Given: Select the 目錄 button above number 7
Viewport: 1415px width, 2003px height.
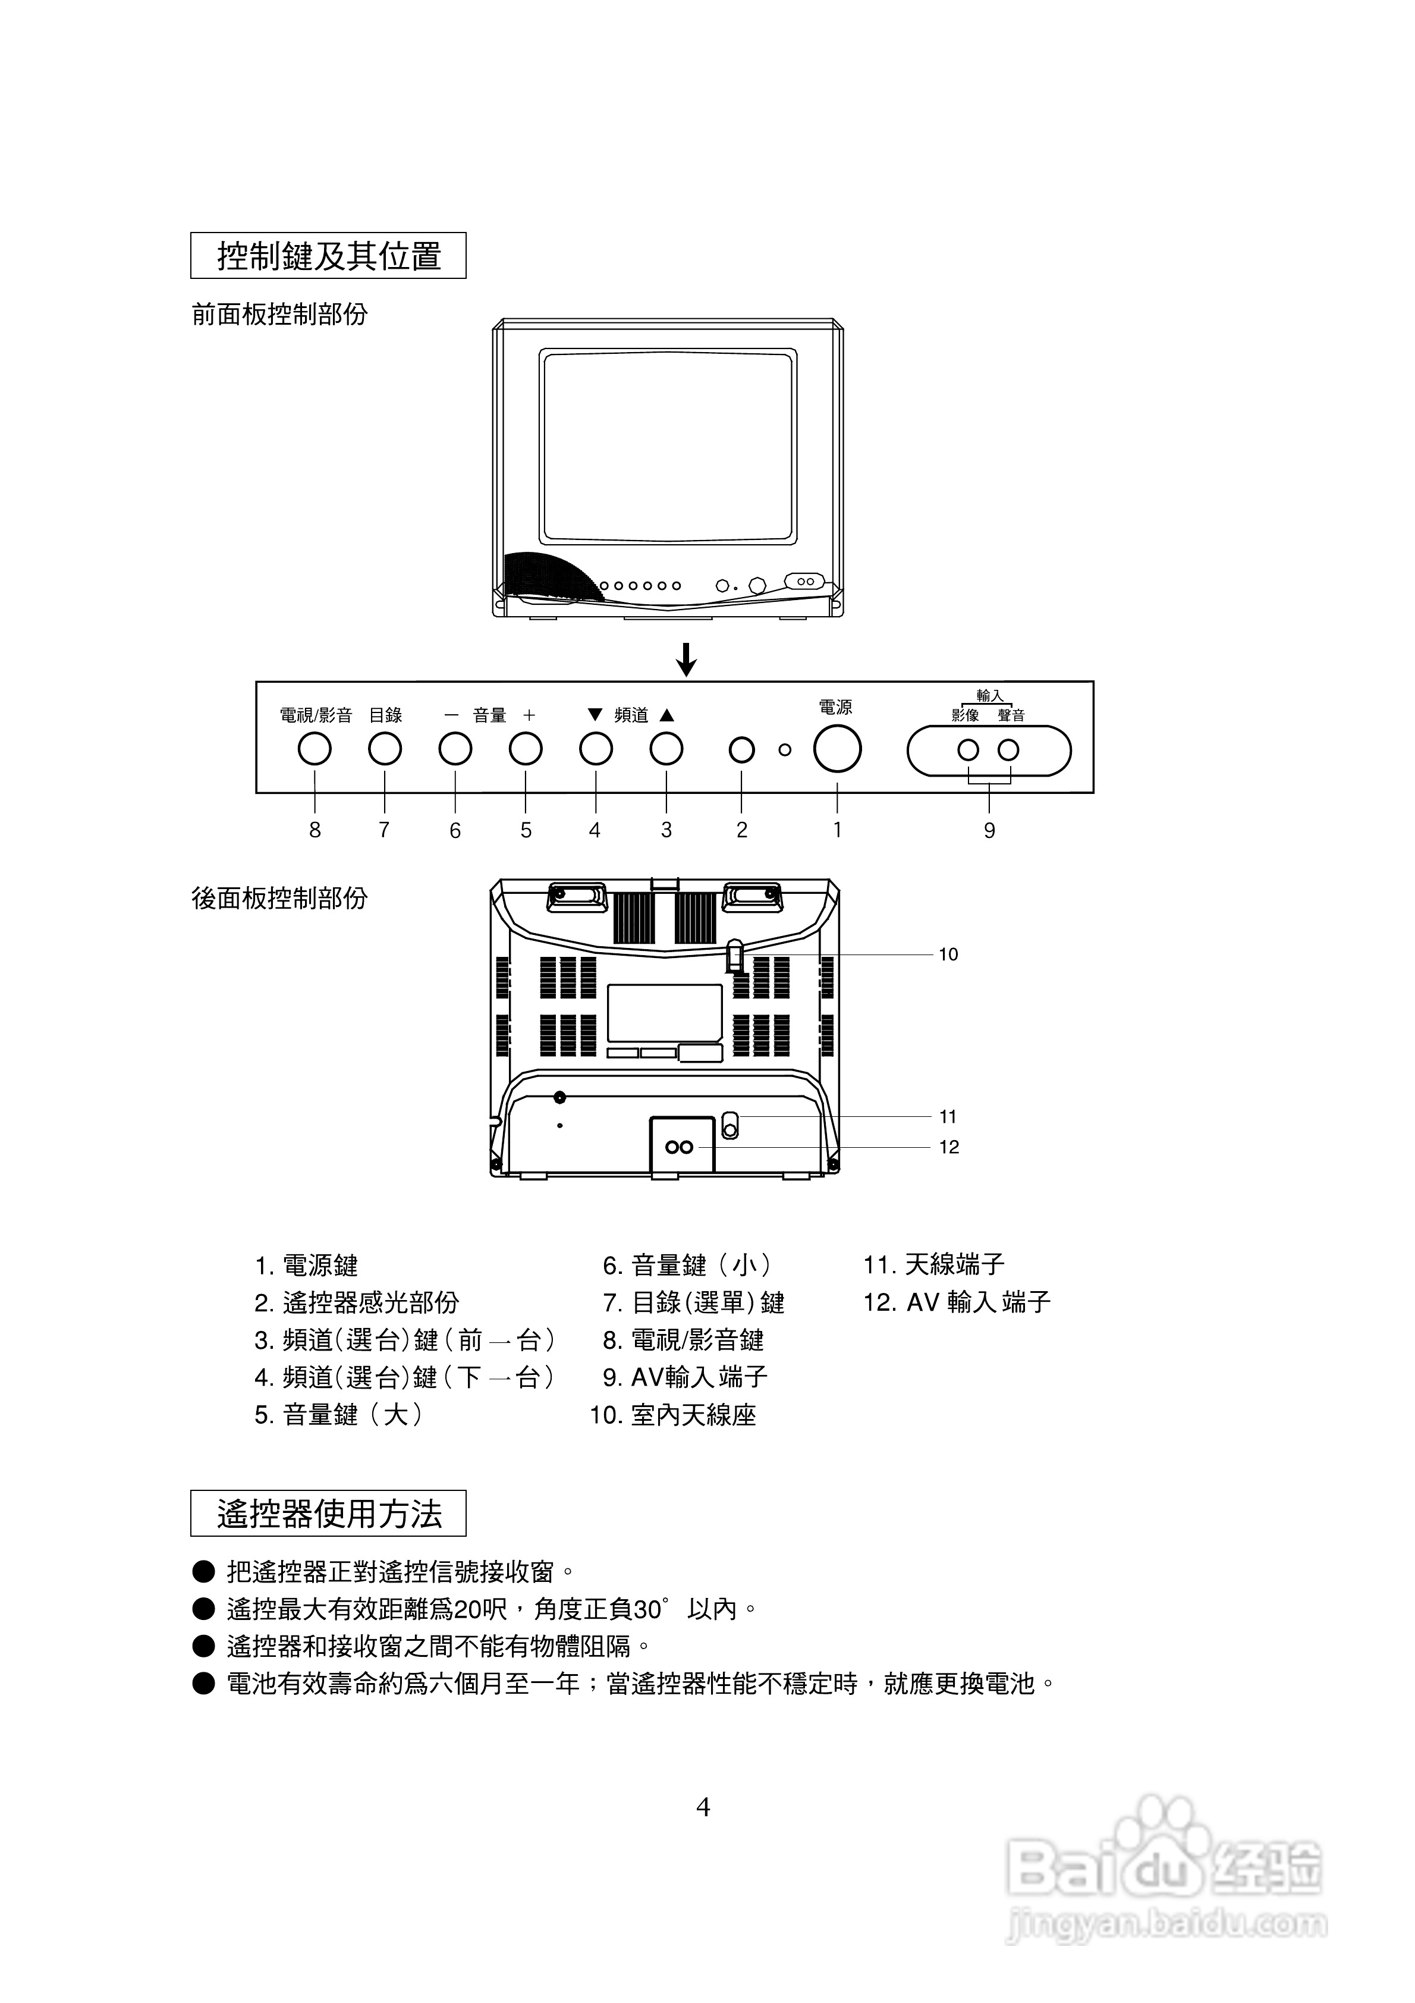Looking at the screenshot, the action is [385, 749].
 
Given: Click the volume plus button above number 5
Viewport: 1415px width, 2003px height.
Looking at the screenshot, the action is [525, 749].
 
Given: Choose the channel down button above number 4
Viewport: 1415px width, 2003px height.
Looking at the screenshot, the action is [596, 749].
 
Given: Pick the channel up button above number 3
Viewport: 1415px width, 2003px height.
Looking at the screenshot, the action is [666, 749].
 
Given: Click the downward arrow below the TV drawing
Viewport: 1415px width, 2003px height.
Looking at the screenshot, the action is [687, 660].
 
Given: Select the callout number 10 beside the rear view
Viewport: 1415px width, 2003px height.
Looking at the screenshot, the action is [948, 955].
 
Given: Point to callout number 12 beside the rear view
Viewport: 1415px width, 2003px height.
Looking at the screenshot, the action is [948, 1147].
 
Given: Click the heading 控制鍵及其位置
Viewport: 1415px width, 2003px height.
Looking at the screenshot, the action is [329, 256].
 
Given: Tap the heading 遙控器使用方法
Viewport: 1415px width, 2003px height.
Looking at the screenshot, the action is [329, 1514].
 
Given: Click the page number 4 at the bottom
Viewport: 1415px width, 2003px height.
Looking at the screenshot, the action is [703, 1807].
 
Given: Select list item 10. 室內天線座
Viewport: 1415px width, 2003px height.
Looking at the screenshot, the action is [672, 1415].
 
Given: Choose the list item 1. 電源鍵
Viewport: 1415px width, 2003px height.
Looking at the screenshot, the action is [306, 1265].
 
